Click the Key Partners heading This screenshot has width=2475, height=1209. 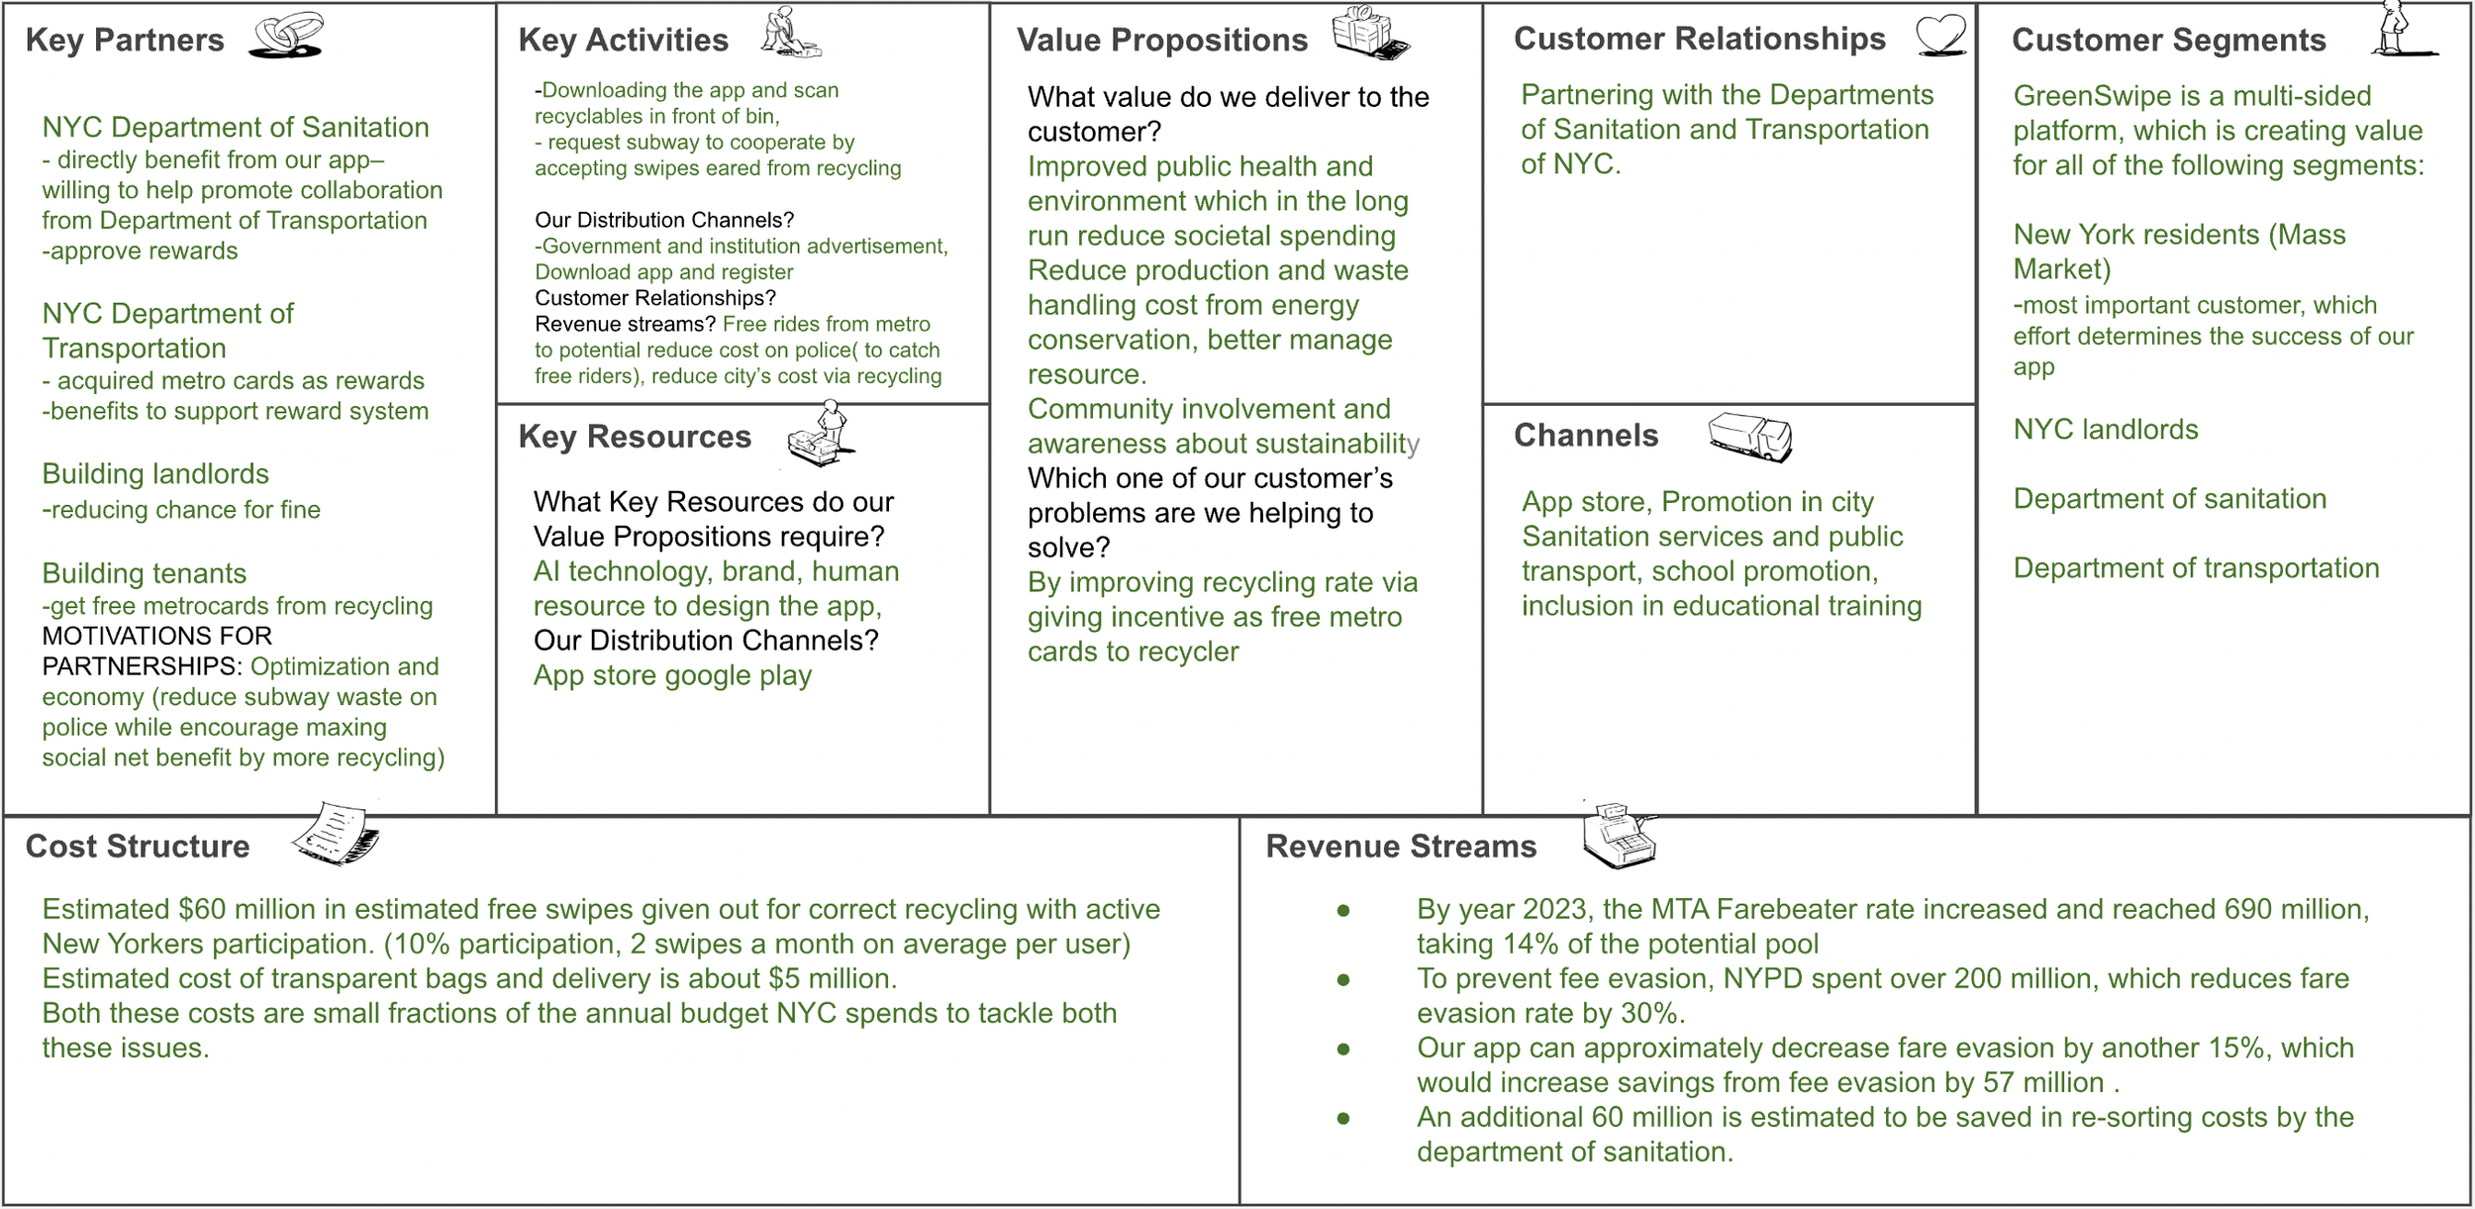pyautogui.click(x=125, y=40)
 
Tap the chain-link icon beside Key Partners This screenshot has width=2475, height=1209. pyautogui.click(x=286, y=36)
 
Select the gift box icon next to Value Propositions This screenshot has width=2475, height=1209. pyautogui.click(x=1369, y=33)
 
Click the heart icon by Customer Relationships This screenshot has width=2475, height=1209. pyautogui.click(x=1939, y=36)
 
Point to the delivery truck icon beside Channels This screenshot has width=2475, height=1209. pyautogui.click(x=1749, y=437)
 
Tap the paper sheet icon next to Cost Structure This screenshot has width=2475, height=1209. pyautogui.click(x=336, y=834)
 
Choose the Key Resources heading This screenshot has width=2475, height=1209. pyautogui.click(x=635, y=437)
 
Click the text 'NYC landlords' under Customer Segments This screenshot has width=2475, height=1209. pyautogui.click(x=2105, y=429)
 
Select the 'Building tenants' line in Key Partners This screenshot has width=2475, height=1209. pyautogui.click(x=144, y=573)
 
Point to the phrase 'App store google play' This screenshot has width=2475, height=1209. pyautogui.click(x=672, y=675)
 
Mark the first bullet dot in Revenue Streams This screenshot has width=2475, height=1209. pyautogui.click(x=1343, y=910)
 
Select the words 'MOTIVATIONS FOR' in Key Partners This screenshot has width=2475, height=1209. pyautogui.click(x=156, y=636)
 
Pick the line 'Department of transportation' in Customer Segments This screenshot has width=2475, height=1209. pyautogui.click(x=2196, y=568)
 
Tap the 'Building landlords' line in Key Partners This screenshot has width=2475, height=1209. pyautogui.click(x=155, y=474)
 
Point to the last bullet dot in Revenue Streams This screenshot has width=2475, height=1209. pyautogui.click(x=1343, y=1118)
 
